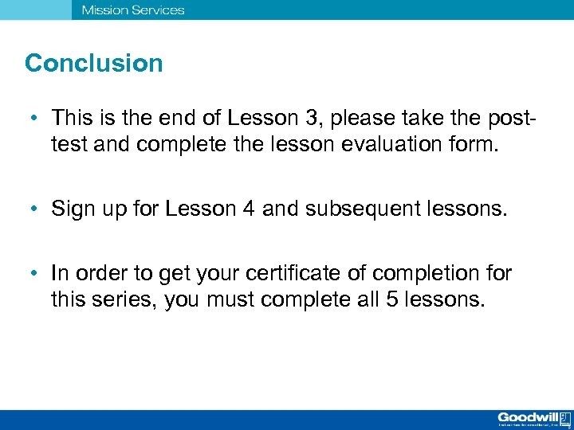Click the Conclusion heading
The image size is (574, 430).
(x=93, y=63)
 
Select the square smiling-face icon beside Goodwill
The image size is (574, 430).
(x=564, y=416)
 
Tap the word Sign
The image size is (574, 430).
(x=70, y=209)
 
